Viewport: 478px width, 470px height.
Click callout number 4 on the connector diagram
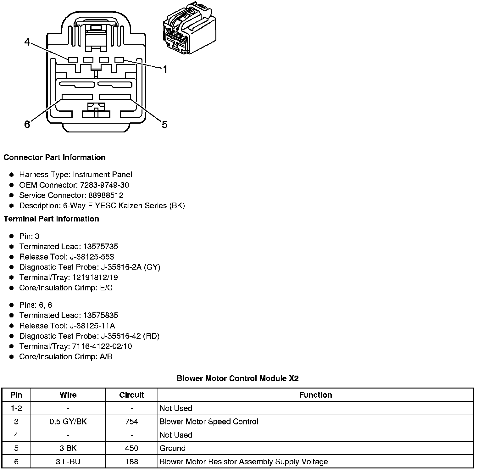[27, 42]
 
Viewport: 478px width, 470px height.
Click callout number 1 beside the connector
[164, 69]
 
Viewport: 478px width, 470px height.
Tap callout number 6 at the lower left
[27, 125]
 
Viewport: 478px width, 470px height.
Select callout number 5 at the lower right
[164, 125]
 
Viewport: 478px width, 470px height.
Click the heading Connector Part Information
[54, 157]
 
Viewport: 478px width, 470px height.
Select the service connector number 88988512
[106, 195]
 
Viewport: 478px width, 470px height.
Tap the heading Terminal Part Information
[51, 219]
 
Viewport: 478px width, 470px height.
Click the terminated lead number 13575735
[100, 246]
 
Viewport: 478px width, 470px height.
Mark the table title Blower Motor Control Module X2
[238, 378]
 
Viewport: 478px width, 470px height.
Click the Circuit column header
[131, 395]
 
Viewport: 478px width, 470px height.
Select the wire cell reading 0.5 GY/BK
[68, 422]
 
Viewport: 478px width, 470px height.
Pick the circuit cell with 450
[131, 448]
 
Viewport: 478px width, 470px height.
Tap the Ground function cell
[173, 448]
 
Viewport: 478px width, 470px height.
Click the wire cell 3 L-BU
[68, 462]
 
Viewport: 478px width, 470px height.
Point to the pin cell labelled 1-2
[16, 408]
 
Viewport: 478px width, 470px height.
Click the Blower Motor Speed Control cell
[209, 422]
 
